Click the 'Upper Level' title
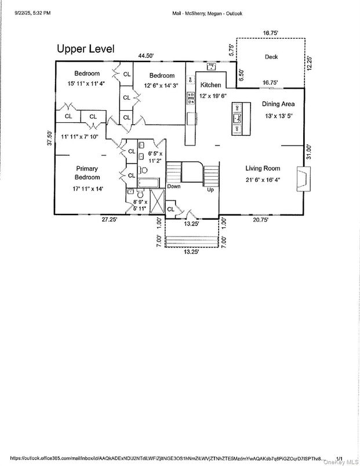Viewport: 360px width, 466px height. [85, 49]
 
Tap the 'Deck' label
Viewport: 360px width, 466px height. [271, 57]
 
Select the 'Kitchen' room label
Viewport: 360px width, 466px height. [210, 85]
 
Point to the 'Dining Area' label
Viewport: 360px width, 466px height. [278, 104]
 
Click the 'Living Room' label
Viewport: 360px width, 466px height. [263, 169]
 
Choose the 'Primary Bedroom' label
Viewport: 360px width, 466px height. [87, 173]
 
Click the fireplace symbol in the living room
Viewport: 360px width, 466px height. [302, 178]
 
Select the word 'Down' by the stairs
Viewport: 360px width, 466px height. [174, 187]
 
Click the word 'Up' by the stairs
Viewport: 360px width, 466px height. [211, 190]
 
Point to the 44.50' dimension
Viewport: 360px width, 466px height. [146, 56]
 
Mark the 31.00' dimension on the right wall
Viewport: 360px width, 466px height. [310, 152]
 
